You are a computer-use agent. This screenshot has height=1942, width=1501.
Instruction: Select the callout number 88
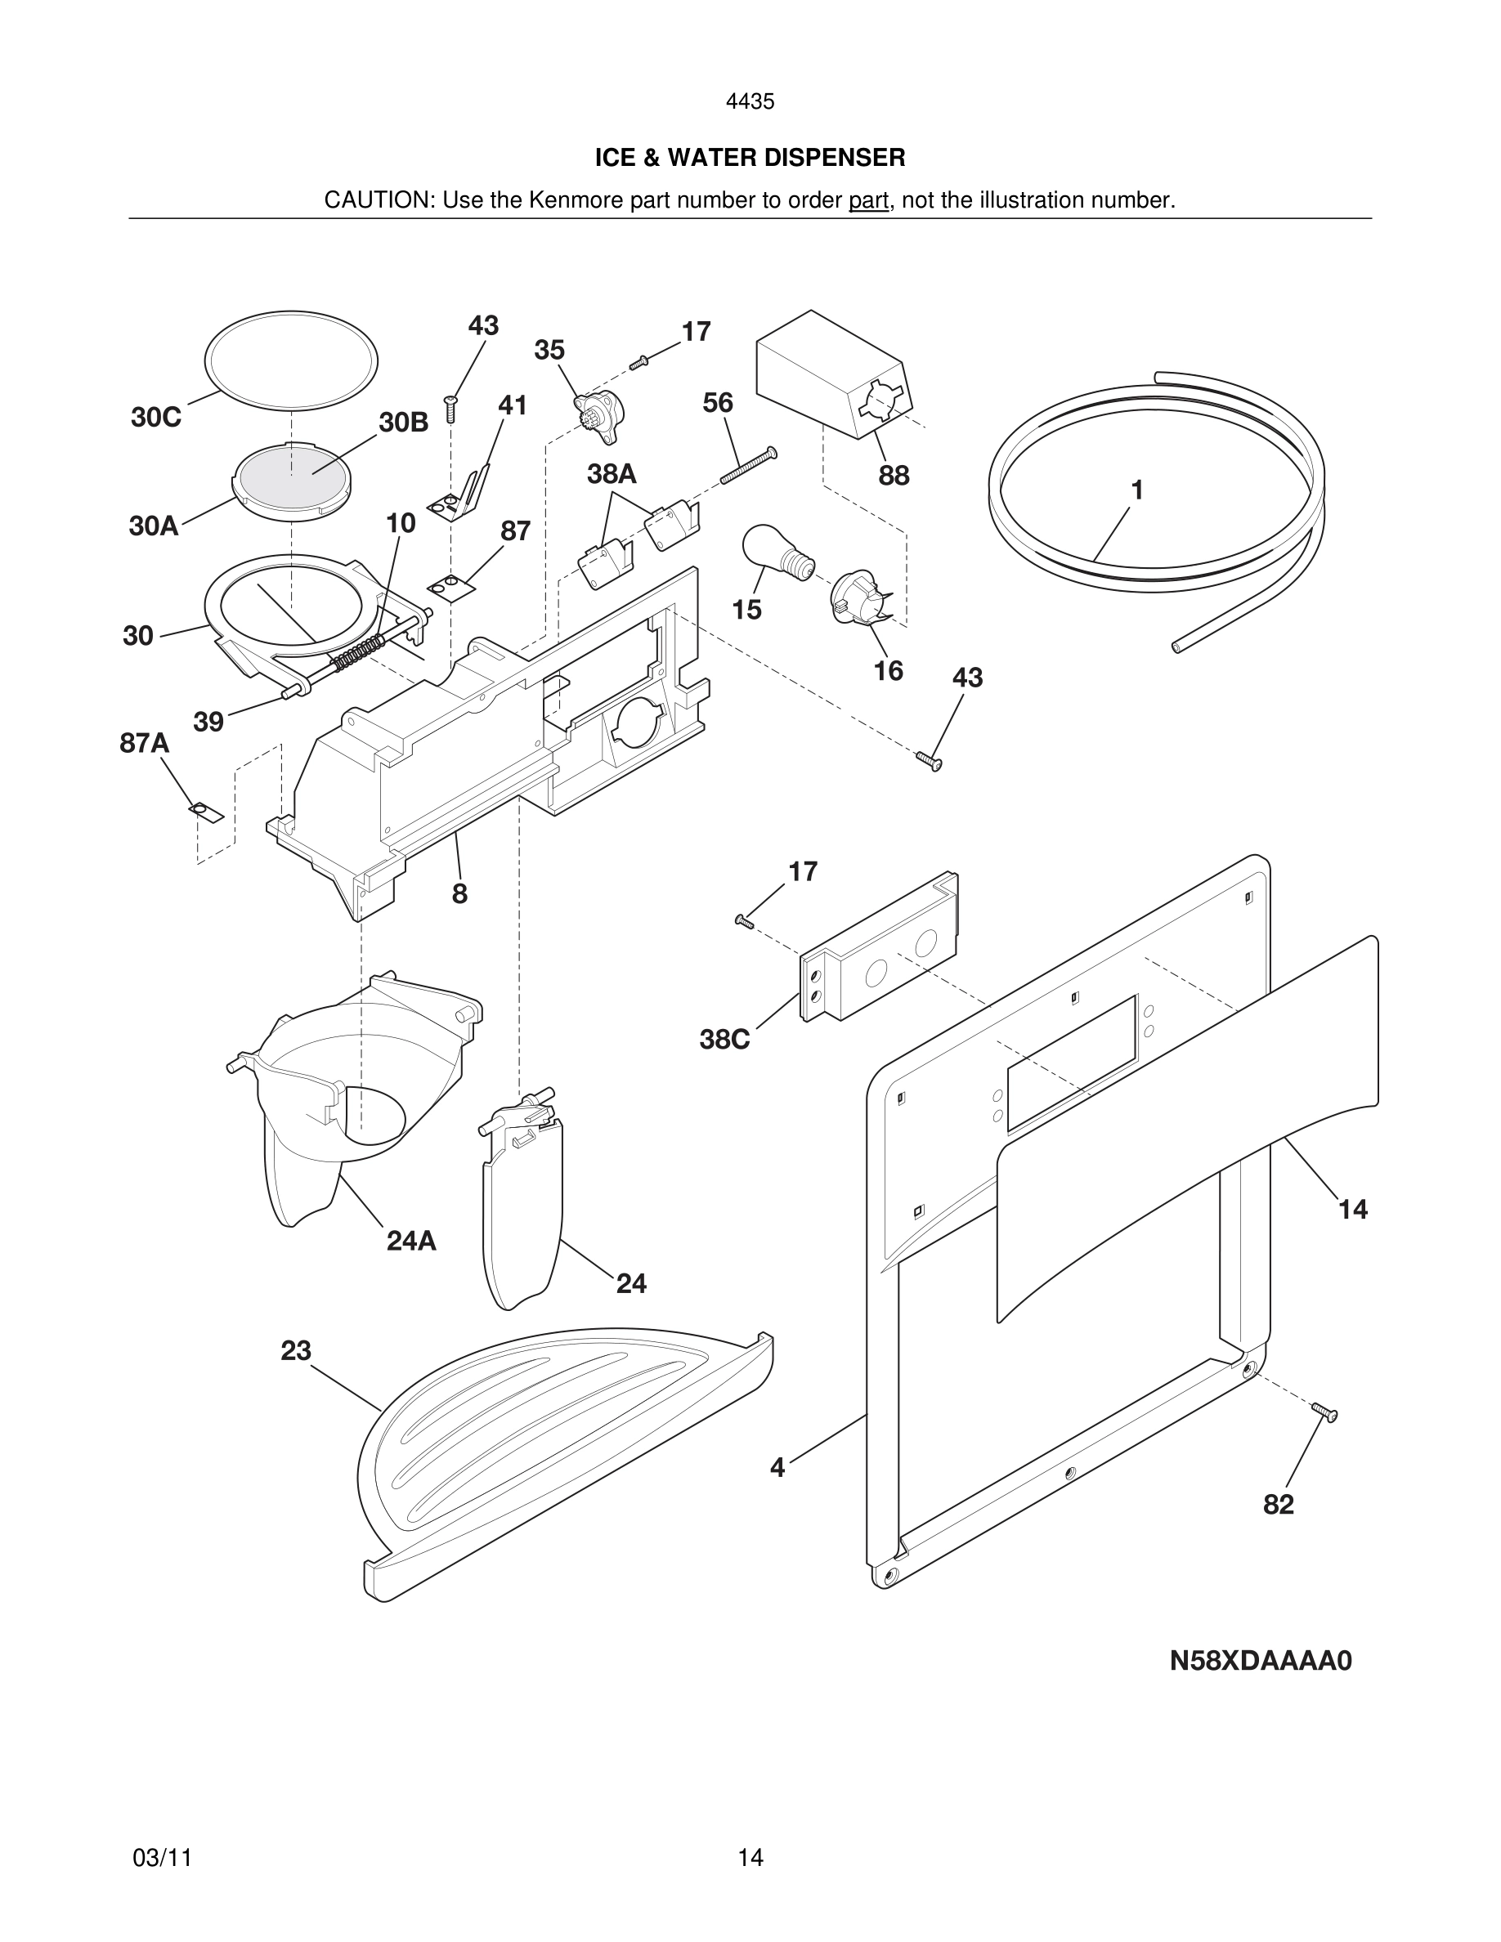click(894, 476)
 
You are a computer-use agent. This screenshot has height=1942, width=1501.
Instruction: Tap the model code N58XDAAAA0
click(1260, 1661)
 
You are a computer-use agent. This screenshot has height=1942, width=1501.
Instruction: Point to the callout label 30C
click(155, 417)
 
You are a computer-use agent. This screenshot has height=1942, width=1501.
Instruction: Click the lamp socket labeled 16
click(858, 596)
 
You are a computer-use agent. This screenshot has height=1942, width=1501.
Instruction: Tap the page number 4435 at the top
click(750, 102)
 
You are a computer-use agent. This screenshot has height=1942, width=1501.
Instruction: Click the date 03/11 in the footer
click(162, 1858)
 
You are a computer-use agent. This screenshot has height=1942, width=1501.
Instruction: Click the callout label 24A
click(411, 1241)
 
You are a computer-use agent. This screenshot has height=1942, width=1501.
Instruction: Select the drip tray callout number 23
click(295, 1351)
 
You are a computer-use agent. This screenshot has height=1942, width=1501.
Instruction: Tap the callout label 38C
click(724, 1039)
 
